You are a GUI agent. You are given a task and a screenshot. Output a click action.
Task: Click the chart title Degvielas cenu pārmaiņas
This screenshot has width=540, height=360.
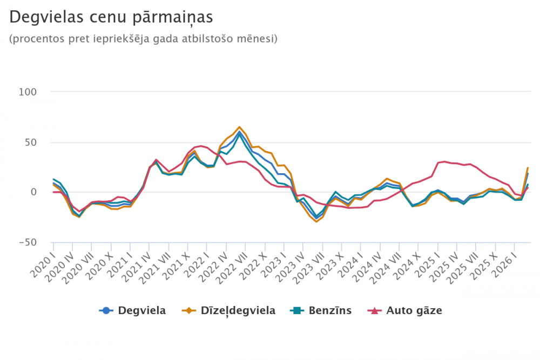[x=111, y=17]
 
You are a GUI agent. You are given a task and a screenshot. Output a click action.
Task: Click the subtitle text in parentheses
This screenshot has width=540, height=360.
[x=143, y=39]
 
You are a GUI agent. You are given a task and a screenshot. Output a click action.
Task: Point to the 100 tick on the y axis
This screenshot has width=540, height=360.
[x=28, y=92]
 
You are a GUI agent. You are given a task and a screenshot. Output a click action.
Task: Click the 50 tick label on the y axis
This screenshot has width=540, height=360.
[x=31, y=142]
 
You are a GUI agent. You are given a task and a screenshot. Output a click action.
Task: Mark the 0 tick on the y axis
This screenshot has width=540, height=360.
[x=33, y=192]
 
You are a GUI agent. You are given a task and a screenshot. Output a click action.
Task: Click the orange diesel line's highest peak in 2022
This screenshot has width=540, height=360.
[x=240, y=127]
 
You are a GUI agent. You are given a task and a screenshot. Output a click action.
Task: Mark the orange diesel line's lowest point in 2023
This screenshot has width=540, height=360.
[x=316, y=222]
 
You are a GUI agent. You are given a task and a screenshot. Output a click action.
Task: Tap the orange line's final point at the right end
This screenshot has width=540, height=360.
[x=528, y=168]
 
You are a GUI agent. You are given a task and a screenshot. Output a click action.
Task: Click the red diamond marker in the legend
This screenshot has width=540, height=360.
[x=375, y=310]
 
